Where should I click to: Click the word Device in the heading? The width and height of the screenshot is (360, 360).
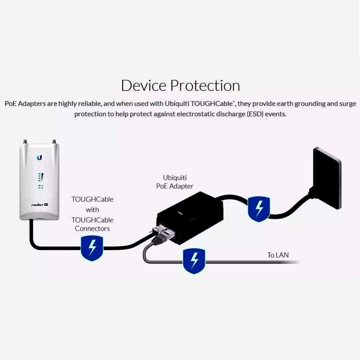pyautogui.click(x=144, y=85)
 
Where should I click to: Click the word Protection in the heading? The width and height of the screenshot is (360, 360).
pyautogui.click(x=205, y=85)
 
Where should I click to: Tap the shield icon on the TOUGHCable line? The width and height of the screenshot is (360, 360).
pyautogui.click(x=92, y=248)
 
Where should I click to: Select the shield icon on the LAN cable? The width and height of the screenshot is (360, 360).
pyautogui.click(x=194, y=261)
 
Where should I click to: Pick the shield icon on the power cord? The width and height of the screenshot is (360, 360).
pyautogui.click(x=259, y=209)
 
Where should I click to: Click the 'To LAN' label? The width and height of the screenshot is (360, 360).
pyautogui.click(x=278, y=255)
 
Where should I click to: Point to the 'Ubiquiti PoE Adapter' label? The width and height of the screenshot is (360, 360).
pyautogui.click(x=175, y=182)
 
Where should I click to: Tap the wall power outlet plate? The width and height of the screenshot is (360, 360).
pyautogui.click(x=327, y=177)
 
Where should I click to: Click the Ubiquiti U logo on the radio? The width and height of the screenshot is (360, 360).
pyautogui.click(x=39, y=157)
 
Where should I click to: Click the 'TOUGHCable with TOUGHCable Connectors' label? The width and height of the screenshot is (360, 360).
pyautogui.click(x=92, y=214)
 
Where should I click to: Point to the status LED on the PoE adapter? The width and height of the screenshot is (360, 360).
pyautogui.click(x=179, y=213)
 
